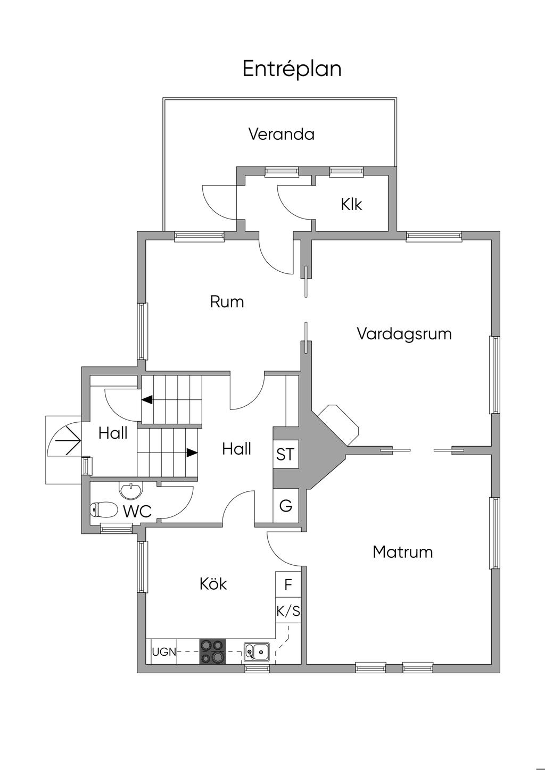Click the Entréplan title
[292, 69]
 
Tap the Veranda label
[281, 134]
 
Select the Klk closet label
[351, 204]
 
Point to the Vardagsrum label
[404, 334]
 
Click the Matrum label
[402, 552]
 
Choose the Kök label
[213, 584]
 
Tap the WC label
[137, 512]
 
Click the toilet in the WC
[103, 510]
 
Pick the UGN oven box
[163, 651]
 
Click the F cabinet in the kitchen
[288, 585]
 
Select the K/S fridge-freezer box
[288, 612]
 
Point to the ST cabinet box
[285, 455]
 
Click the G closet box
[285, 506]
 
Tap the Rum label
[227, 302]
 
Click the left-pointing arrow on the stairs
[146, 399]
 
